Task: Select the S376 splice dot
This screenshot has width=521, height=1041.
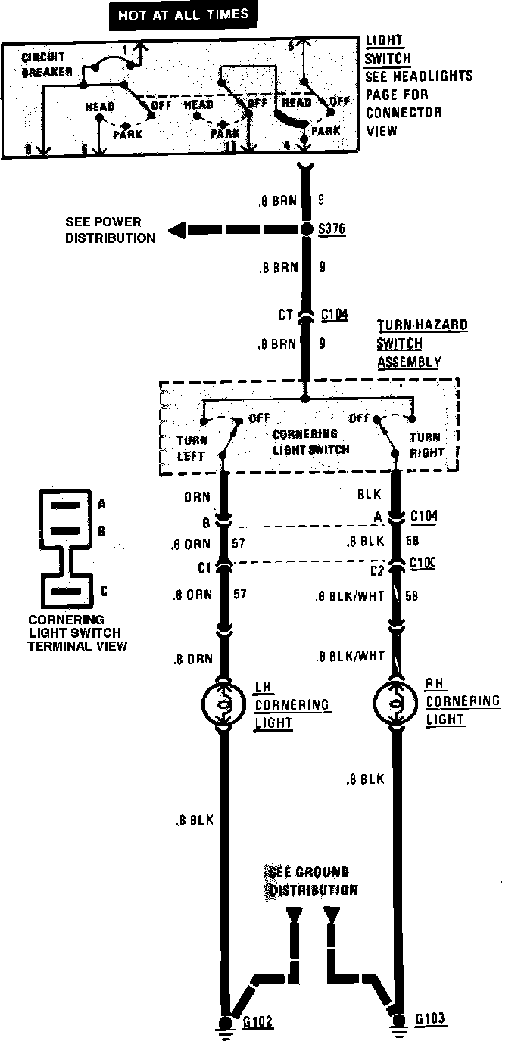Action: tap(306, 229)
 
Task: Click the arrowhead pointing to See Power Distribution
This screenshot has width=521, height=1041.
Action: tap(176, 230)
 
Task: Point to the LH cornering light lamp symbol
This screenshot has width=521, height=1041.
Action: tap(223, 705)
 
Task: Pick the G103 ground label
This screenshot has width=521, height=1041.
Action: tap(431, 1019)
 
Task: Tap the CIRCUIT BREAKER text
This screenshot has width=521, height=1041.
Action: tap(47, 65)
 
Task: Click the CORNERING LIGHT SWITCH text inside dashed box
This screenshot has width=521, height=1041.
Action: tap(311, 442)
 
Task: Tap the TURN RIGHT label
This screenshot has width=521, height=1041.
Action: tap(425, 445)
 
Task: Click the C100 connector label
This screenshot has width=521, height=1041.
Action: tap(423, 564)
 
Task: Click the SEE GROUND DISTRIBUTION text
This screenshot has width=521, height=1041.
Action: tap(310, 881)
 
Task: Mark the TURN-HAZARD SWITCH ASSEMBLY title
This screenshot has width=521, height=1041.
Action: tap(423, 343)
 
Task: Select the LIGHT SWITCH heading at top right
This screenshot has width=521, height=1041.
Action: tap(388, 49)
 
